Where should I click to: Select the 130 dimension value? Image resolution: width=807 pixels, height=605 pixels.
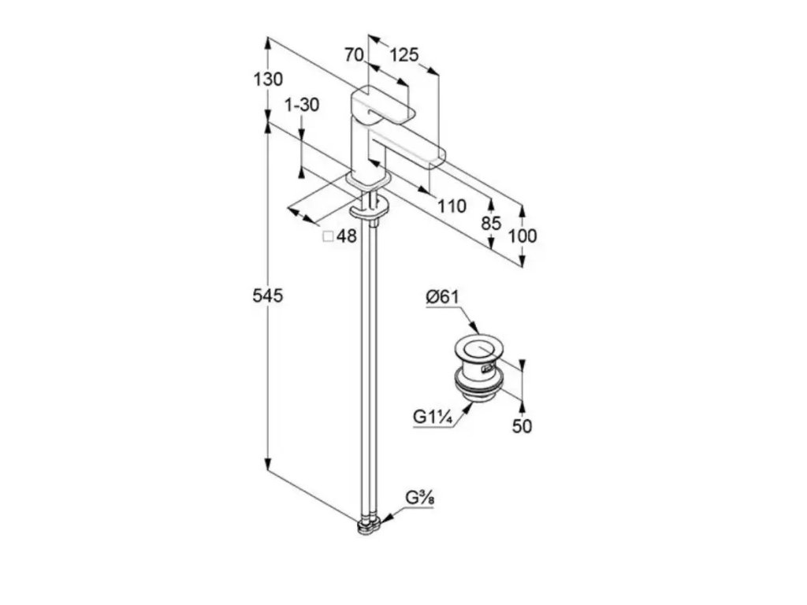coord(268,80)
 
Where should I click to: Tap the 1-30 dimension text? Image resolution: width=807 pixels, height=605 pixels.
coord(302,105)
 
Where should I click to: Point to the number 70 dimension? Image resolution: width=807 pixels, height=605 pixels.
coord(354,55)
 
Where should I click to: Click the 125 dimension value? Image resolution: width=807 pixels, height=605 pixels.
coord(403,55)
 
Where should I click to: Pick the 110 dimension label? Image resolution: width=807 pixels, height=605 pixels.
coord(452,206)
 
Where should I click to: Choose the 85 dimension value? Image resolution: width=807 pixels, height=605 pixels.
coord(491,223)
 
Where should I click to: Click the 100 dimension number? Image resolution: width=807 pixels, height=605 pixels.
coord(523,236)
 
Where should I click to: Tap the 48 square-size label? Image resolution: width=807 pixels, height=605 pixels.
coord(348,236)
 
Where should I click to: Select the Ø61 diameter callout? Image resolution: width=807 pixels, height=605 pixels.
coord(443,297)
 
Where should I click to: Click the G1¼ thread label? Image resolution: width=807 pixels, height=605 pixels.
coord(431,417)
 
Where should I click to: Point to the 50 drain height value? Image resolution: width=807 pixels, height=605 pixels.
coord(523,426)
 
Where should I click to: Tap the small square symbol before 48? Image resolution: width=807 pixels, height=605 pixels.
coord(329,236)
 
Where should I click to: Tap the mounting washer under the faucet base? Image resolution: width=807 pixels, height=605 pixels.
coord(368,210)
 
